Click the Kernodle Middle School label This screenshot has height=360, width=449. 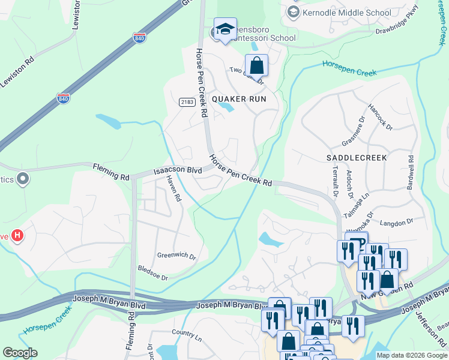348,13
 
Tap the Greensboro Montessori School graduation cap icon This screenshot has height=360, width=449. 225,29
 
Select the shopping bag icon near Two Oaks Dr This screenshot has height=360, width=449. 256,65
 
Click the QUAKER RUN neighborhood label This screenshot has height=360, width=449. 238,98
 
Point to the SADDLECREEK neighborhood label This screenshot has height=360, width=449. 357,157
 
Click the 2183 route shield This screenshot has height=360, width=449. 187,103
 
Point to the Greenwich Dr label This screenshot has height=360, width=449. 176,255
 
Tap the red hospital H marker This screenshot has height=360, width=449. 17,236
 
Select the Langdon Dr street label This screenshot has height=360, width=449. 397,222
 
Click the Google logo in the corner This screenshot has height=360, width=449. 20,353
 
